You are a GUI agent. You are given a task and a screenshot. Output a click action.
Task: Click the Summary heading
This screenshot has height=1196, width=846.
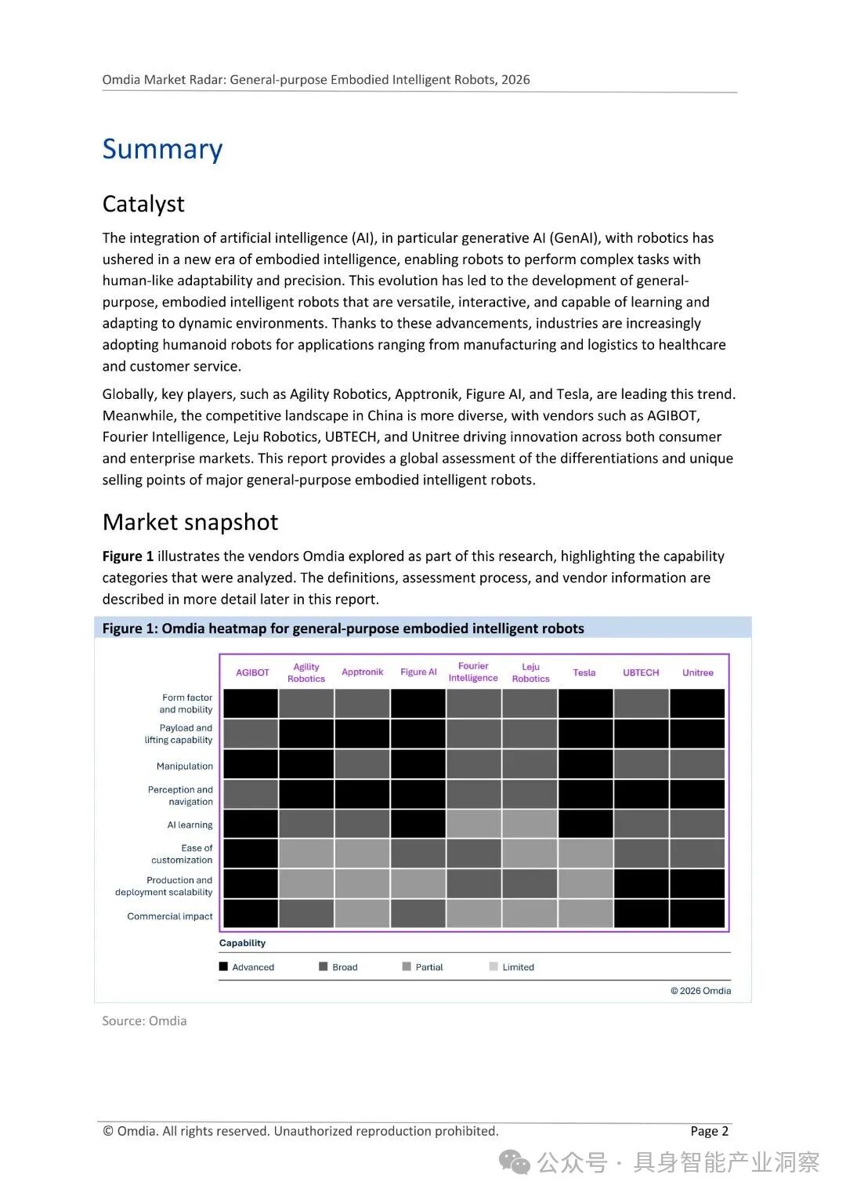pos(162,149)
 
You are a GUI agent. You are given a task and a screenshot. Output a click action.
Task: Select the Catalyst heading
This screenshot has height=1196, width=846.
pos(143,204)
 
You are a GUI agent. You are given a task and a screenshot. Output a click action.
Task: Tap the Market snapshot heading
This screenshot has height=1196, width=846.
pos(190,522)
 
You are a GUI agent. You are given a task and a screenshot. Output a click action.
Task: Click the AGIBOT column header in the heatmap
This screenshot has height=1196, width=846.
pos(252,672)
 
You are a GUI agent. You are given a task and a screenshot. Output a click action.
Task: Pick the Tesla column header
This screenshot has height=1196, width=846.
pos(584,672)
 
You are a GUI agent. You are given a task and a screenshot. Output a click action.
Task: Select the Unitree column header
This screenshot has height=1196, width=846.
pos(697,672)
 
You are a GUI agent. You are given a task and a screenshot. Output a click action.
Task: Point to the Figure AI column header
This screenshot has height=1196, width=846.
pos(418,672)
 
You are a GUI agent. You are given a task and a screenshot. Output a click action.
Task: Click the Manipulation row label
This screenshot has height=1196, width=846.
pos(184,766)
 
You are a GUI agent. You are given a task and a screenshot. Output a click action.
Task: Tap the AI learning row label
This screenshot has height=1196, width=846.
pos(190,825)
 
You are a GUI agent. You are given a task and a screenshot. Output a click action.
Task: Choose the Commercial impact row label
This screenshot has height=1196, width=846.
pos(170,916)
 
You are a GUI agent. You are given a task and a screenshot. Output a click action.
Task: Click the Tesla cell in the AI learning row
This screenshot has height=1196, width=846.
pos(586,824)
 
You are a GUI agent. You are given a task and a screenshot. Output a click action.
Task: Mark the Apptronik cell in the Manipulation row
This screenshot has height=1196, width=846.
pos(362,764)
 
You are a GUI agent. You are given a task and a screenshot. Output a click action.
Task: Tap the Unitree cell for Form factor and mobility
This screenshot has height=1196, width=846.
pos(697,703)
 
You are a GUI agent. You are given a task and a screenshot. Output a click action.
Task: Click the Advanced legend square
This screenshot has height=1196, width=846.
pos(223,966)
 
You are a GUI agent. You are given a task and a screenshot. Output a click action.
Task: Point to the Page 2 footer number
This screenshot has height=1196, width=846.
pos(710,1131)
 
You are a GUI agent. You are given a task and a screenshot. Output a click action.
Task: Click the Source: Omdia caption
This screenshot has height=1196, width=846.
pos(144,1020)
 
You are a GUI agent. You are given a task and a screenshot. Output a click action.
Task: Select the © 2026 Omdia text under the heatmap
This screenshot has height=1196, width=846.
pos(700,991)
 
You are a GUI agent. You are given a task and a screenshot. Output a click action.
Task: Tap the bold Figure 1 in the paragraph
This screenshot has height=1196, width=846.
pos(128,556)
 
